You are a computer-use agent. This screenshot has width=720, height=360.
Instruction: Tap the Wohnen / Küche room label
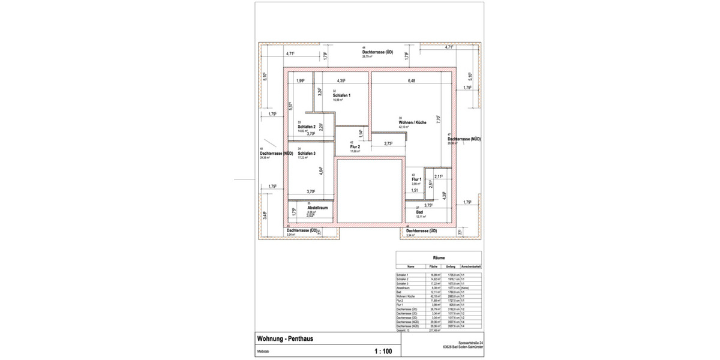tap(412, 122)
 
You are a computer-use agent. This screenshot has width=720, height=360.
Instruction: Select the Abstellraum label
tap(317, 208)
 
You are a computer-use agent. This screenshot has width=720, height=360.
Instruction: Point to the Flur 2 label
tap(355, 146)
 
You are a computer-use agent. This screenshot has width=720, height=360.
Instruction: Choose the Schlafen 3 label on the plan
tap(307, 154)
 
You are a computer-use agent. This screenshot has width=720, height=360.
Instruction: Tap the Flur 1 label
tap(417, 179)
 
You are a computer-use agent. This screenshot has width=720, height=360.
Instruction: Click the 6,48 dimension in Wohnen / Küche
tap(412, 80)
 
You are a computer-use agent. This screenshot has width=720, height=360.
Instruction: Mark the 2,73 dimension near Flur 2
tap(388, 144)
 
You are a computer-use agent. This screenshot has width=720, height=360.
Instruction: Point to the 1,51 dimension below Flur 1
tap(415, 190)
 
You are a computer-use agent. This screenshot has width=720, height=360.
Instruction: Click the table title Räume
tap(439, 257)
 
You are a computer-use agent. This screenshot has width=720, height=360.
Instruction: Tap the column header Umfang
tap(450, 266)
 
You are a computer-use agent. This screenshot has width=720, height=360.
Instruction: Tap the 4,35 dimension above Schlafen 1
tap(341, 80)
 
